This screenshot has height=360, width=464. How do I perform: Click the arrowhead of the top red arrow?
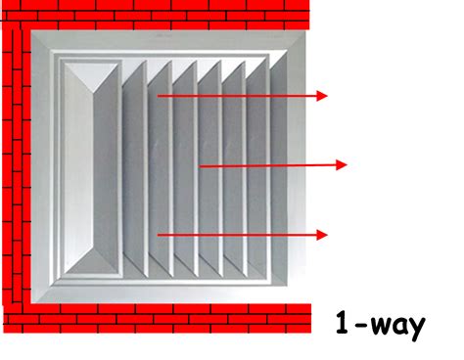tap(322, 96)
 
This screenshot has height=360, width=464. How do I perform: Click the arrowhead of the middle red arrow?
tap(342, 165)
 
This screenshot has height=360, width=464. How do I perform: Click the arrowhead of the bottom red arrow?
tap(322, 235)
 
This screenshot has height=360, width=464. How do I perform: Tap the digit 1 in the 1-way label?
tap(343, 323)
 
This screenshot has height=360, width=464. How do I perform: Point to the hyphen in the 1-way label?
tap(360, 325)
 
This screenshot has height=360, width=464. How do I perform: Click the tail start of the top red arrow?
tap(158, 96)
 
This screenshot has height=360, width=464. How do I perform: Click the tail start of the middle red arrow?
tap(200, 166)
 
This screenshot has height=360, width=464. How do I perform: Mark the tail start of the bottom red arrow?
tap(158, 235)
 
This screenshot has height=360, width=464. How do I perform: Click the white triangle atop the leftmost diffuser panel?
tap(91, 73)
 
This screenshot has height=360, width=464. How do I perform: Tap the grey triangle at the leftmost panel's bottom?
tap(92, 262)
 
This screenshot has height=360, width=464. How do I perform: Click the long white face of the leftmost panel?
tap(78, 168)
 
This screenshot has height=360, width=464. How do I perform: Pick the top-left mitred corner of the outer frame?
tap(42, 41)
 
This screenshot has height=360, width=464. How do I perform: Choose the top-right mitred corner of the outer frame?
tap(296, 41)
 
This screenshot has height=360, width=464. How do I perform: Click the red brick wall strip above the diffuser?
tap(156, 15)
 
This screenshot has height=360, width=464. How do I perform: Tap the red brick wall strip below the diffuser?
tap(158, 319)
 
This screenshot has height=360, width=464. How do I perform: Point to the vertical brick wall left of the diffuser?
tap(17, 166)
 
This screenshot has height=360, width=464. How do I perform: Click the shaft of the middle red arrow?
tap(268, 165)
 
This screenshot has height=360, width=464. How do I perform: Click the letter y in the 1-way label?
tap(416, 329)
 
